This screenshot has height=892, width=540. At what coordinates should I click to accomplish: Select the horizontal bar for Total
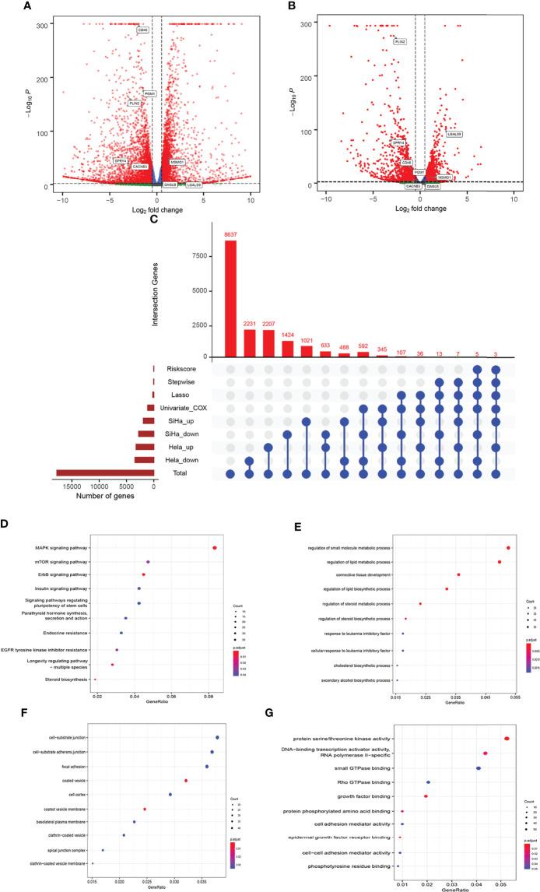(x=105, y=473)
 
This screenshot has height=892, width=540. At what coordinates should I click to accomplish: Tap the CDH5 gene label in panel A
(x=143, y=30)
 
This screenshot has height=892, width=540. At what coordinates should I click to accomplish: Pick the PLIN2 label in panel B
(x=400, y=41)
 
